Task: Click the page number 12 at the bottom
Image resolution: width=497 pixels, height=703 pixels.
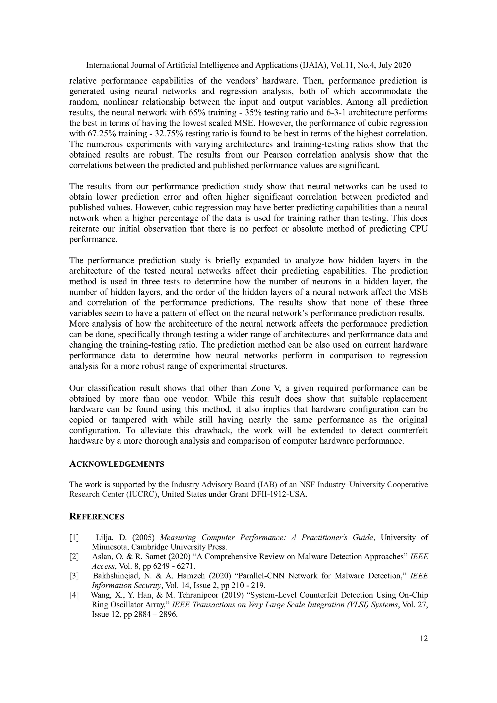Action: point(424,639)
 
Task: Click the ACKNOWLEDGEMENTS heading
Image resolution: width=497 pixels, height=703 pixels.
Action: point(117,464)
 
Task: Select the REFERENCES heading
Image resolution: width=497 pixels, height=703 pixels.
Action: point(97,517)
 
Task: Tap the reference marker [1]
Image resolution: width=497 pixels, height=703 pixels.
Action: point(74,538)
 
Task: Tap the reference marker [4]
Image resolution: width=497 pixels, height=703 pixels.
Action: point(74,595)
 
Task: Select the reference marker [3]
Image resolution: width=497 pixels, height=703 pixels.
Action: point(74,576)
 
